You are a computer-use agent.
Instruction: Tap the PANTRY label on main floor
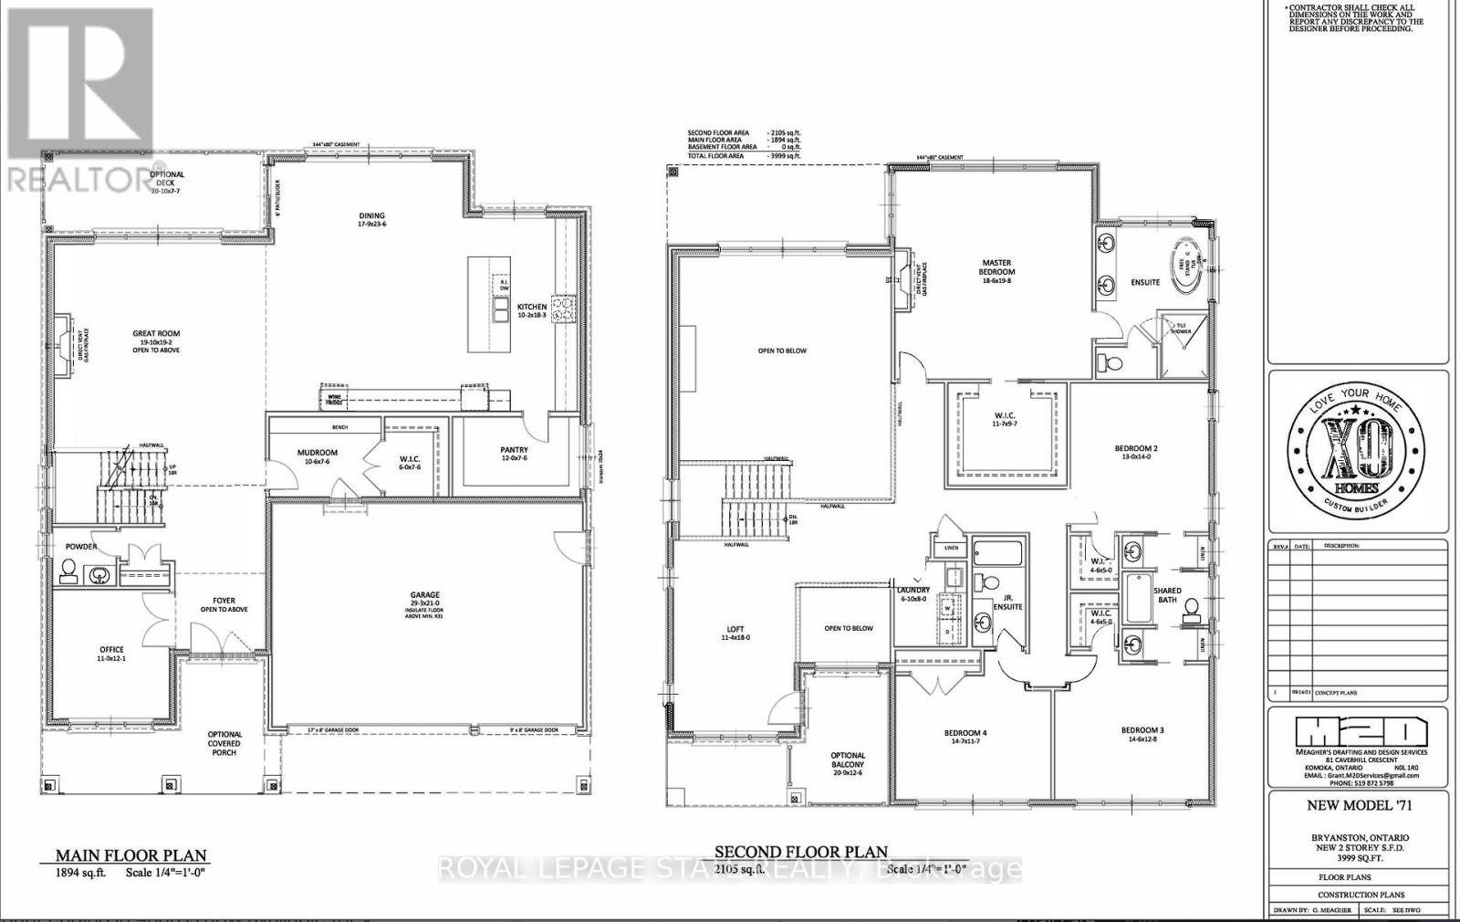coord(514,454)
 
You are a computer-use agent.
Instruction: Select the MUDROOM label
coord(318,456)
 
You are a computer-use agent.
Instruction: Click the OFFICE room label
coord(111,654)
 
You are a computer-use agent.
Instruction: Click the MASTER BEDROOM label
coord(997,271)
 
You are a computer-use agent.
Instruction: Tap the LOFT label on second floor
coord(735,633)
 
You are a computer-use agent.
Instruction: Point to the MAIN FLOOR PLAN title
coord(131,856)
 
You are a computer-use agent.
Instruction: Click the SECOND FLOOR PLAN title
coord(800,853)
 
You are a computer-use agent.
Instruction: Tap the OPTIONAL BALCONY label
coord(847,764)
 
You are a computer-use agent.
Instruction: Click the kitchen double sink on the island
coord(500,314)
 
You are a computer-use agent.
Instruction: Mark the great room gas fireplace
coord(63,344)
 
